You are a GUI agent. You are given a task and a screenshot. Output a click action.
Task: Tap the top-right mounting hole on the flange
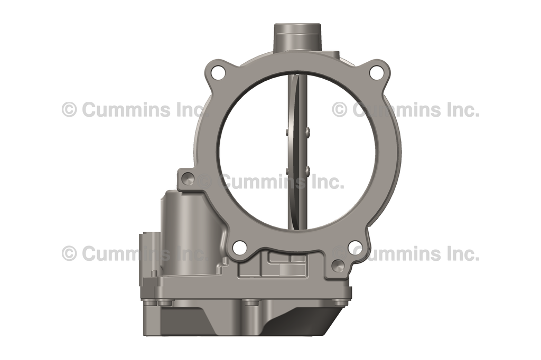pos(376,73)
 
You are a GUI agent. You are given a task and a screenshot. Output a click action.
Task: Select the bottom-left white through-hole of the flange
pos(239,247)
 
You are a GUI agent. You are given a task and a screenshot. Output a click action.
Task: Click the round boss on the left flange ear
pos(188,179)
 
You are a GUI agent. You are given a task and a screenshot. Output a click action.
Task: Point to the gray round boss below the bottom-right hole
pos(338,265)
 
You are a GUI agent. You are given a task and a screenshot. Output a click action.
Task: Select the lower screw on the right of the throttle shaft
pos(307,169)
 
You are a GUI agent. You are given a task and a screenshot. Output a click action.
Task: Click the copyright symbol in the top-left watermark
pos(69,110)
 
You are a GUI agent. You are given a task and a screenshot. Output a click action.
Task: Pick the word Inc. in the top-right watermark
pos(460,110)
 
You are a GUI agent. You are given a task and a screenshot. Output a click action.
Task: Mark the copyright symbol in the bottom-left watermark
pos(69,253)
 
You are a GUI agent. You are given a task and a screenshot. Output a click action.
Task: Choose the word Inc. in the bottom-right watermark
pos(460,253)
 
